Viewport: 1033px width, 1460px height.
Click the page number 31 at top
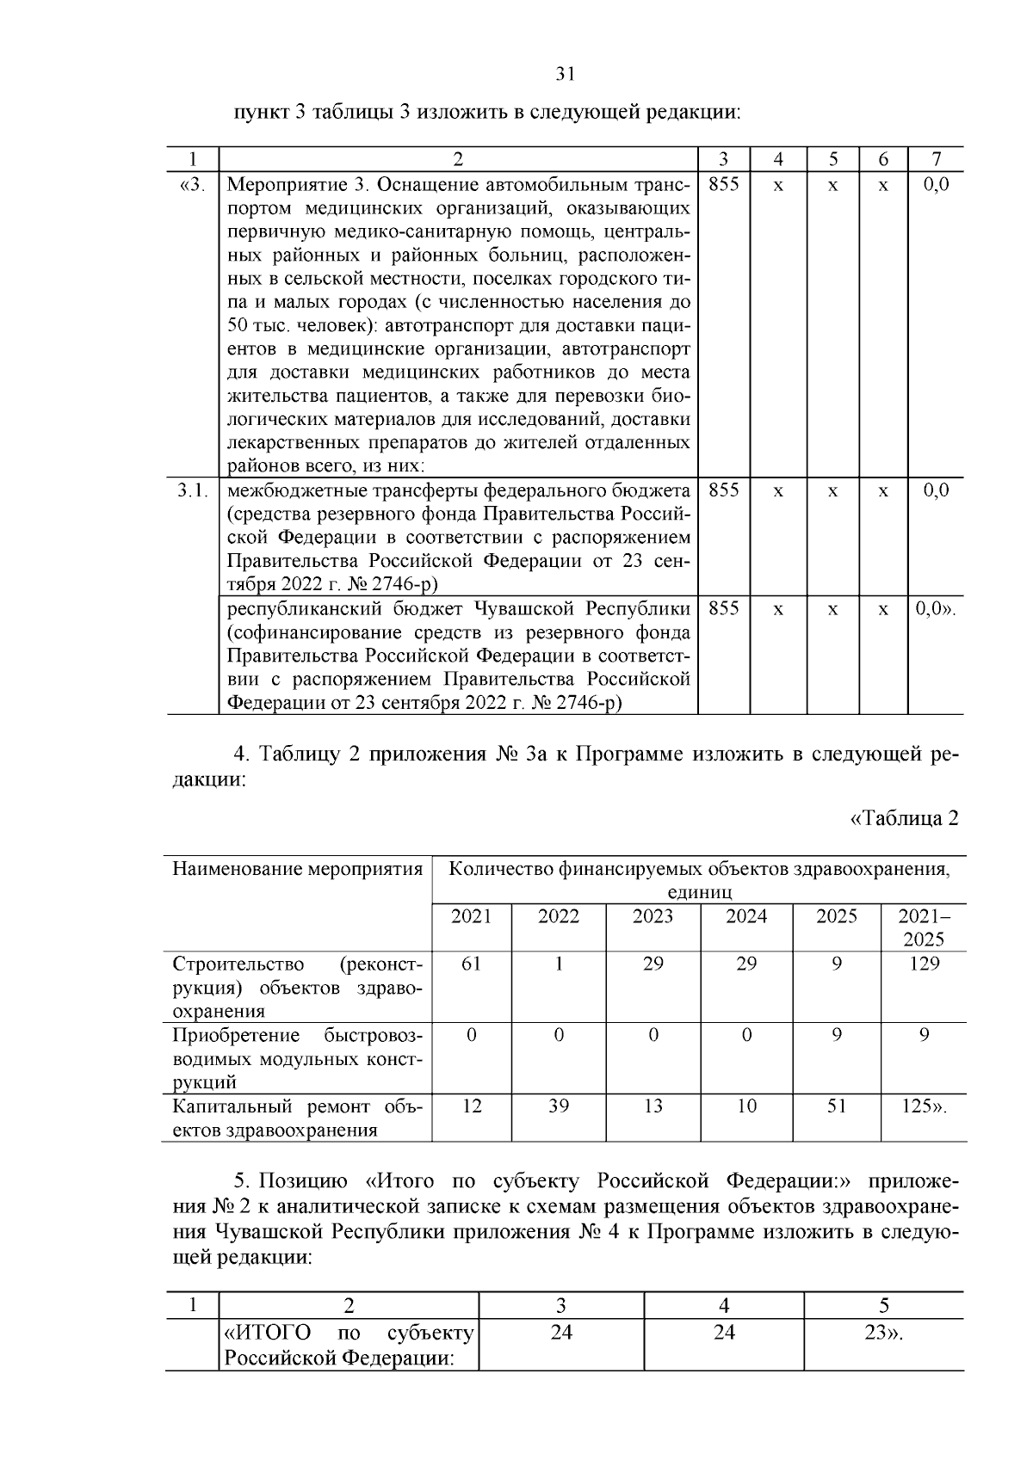click(565, 75)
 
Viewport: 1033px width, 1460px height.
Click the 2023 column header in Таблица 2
click(653, 916)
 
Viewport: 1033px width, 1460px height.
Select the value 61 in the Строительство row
click(471, 964)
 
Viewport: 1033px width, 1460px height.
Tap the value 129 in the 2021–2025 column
click(924, 964)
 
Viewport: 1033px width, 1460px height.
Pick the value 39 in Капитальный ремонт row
click(559, 1106)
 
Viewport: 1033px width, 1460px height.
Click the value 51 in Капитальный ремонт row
click(837, 1106)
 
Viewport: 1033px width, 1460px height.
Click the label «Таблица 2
click(904, 818)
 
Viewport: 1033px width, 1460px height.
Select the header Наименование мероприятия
click(297, 869)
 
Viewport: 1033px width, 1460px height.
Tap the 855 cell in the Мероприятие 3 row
click(723, 185)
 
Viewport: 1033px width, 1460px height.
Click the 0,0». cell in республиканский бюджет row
click(935, 609)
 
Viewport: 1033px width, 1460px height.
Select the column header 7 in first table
click(936, 159)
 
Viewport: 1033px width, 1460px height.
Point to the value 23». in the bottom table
click(883, 1334)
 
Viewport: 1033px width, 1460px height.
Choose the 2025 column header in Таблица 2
click(837, 916)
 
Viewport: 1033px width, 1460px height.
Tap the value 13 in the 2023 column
click(653, 1106)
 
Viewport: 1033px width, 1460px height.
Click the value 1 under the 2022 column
click(559, 964)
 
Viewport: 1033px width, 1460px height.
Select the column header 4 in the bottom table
click(724, 1306)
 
